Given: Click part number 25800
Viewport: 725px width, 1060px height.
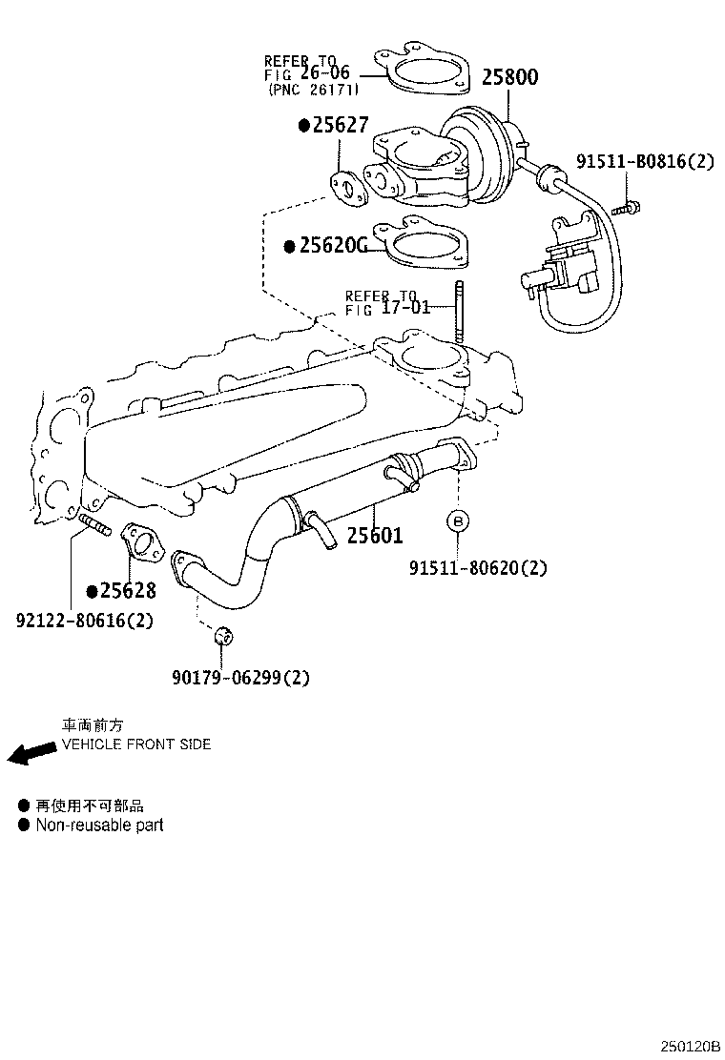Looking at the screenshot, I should pyautogui.click(x=508, y=77).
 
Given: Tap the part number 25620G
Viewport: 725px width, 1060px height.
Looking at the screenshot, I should pyautogui.click(x=331, y=246).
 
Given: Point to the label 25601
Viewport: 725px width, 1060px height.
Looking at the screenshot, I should pyautogui.click(x=374, y=536).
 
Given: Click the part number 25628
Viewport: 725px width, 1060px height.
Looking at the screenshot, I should pyautogui.click(x=127, y=591).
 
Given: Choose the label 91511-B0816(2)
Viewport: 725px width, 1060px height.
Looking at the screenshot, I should pyautogui.click(x=644, y=161).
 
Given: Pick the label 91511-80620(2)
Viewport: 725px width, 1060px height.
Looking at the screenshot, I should pyautogui.click(x=478, y=568).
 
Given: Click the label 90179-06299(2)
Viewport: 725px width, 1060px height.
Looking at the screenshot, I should pyautogui.click(x=241, y=678).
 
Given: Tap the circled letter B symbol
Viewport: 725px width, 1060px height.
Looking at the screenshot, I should pyautogui.click(x=458, y=521).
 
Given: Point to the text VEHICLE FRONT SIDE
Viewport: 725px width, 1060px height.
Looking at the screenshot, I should pyautogui.click(x=136, y=744).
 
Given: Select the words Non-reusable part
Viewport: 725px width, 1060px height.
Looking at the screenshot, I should pyautogui.click(x=99, y=825).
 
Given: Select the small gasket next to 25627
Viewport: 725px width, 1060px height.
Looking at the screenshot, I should pyautogui.click(x=349, y=188).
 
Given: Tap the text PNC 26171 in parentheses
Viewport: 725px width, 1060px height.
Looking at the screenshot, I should pyautogui.click(x=313, y=90).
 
